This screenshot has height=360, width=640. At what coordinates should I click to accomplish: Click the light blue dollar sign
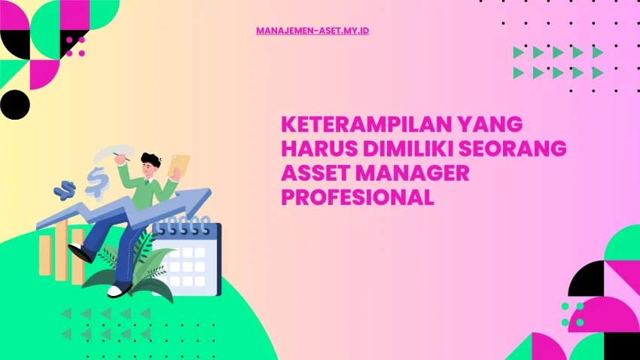tap(96, 181)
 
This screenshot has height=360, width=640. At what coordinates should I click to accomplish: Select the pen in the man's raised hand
tap(118, 156)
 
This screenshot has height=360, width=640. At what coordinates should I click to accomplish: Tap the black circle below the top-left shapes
tap(14, 104)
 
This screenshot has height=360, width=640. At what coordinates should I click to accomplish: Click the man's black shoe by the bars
tap(80, 253)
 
